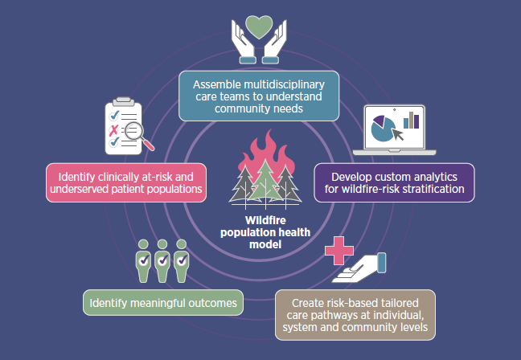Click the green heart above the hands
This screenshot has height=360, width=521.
[260, 26]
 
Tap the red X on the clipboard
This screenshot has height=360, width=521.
[114, 129]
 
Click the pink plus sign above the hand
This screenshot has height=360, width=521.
[337, 250]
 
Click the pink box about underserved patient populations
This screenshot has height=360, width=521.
[126, 182]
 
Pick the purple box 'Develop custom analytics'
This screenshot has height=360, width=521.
[393, 182]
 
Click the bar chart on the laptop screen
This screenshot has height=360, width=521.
[412, 121]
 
